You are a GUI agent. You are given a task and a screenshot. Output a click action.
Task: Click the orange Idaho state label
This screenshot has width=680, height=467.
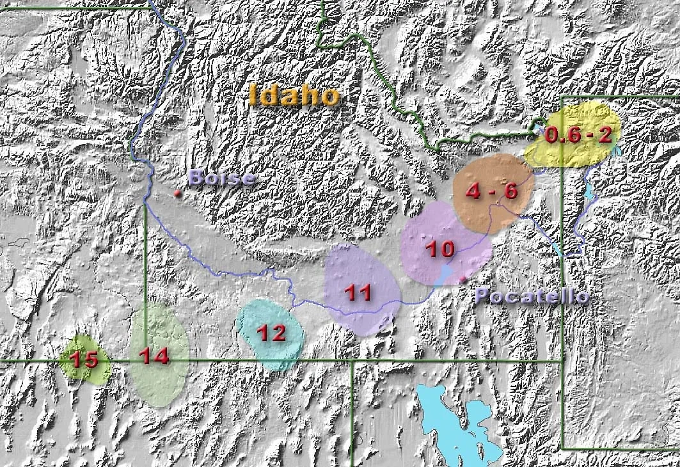coord(294,95)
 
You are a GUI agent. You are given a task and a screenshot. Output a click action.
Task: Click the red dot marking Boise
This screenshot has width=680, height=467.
coord(177,193)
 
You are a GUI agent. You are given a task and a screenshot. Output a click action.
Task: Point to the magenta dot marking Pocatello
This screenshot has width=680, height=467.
coord(463,280)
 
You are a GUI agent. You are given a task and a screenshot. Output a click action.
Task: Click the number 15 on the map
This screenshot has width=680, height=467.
coord(84,360)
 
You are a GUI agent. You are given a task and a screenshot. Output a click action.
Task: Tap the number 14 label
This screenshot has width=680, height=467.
coord(154,356)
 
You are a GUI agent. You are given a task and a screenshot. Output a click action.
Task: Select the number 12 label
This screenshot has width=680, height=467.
coord(271,333)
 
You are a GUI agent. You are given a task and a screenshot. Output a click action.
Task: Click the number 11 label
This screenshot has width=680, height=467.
coord(358,293)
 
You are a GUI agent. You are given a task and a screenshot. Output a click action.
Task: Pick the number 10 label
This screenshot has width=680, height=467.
coord(440,249)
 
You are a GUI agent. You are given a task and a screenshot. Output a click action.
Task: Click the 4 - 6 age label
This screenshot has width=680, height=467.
coord(491,191)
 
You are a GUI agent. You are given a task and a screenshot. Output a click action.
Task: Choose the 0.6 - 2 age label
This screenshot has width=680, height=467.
coord(578,135)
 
